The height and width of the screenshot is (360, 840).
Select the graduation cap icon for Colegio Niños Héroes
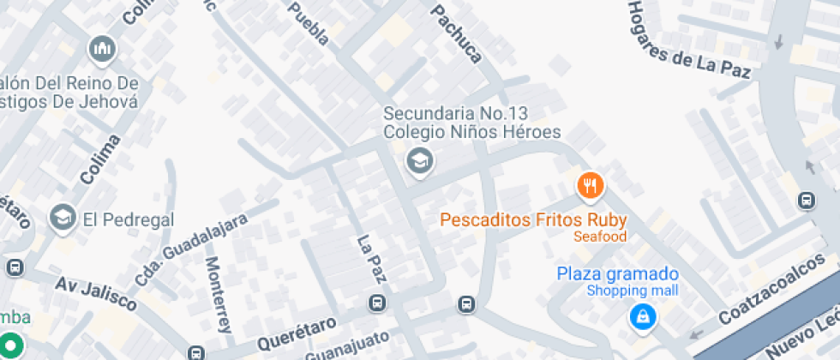pos(419,159)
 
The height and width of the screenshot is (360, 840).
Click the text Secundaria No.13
pos(457,113)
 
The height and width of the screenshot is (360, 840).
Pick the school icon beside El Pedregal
pos(62,219)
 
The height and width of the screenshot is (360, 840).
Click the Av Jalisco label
pos(96,294)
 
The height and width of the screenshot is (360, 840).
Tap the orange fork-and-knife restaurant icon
pos(590,183)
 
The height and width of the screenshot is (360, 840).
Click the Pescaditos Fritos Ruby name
pos(533,219)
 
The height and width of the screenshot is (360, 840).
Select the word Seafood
pos(600,237)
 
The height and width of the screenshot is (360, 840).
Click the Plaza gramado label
pos(617,274)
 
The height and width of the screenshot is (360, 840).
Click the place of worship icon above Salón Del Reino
pos(102,50)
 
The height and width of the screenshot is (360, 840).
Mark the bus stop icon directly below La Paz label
pos(376,303)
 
